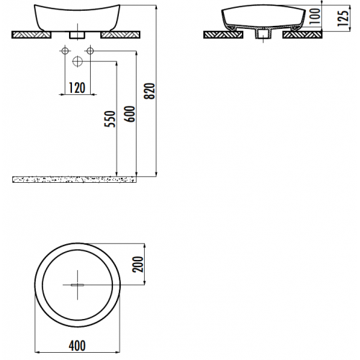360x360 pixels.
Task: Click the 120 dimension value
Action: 77,88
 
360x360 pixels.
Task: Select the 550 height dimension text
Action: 109,120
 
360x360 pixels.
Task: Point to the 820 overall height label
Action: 150,89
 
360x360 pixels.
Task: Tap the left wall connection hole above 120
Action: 65,50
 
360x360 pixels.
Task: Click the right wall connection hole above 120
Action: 90,50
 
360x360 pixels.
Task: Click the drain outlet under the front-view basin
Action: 77,34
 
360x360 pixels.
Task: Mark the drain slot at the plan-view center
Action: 77,284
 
